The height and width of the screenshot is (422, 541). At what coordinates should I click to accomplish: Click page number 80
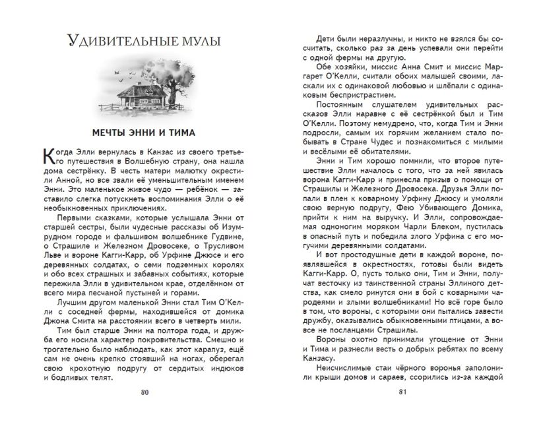146,393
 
